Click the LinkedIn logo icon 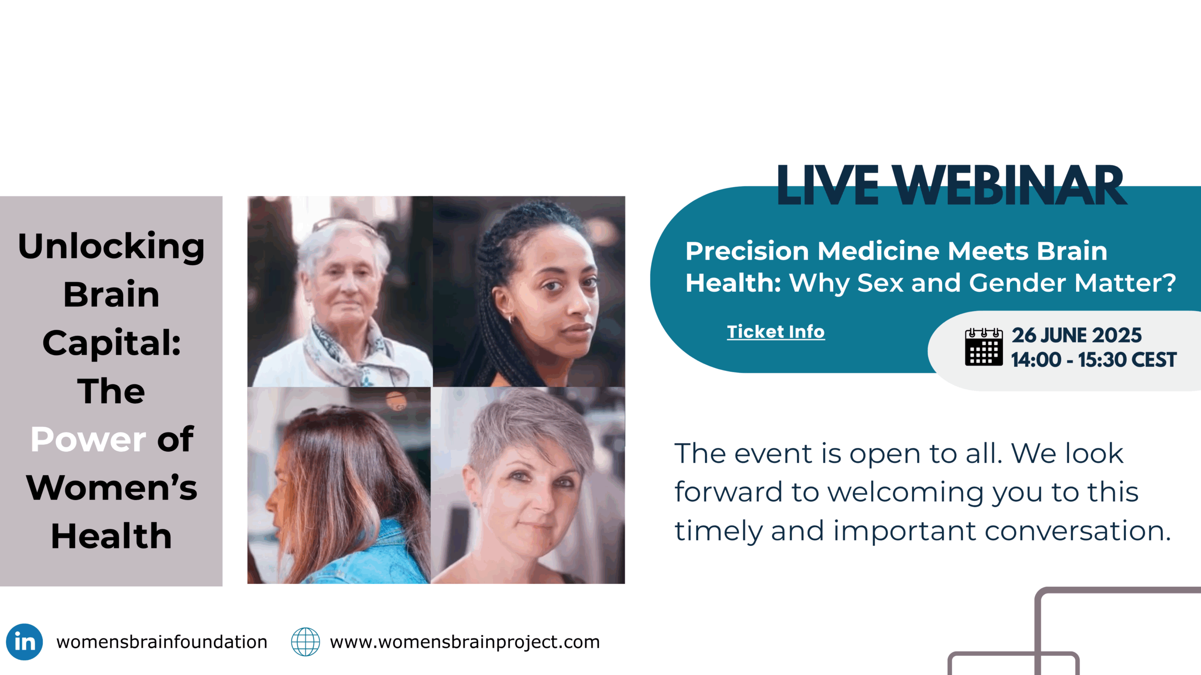click(24, 642)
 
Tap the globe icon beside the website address click(305, 642)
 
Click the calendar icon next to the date click(984, 347)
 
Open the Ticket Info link click(776, 332)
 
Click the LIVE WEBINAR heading click(951, 186)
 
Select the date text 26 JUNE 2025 click(1077, 335)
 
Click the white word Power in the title click(89, 440)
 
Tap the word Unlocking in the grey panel click(111, 247)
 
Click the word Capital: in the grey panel click(112, 342)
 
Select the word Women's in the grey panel click(112, 487)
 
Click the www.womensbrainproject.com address click(465, 642)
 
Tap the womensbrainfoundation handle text click(162, 642)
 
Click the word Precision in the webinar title click(747, 251)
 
